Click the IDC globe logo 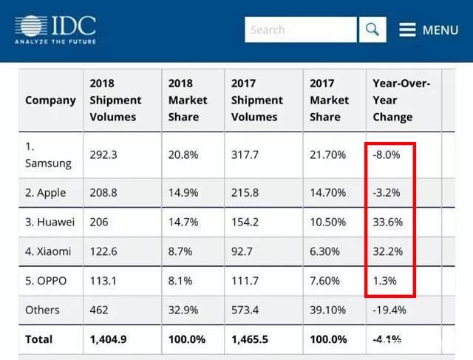tap(31, 26)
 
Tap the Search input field tap(301, 30)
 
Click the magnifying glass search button tap(372, 30)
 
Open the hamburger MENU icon tap(407, 30)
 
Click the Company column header tap(50, 101)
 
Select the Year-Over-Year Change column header tap(401, 100)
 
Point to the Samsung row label tap(48, 154)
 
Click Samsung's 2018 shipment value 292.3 tap(103, 154)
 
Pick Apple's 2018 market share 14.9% tap(183, 192)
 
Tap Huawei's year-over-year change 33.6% tap(387, 222)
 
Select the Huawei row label tap(50, 222)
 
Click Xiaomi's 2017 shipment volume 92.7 tap(242, 251)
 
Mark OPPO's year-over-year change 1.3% tap(384, 281)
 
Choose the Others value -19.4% tap(389, 310)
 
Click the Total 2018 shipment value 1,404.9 tap(109, 339)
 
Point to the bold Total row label tap(39, 339)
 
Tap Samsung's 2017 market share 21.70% tap(327, 154)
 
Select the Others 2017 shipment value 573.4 tap(245, 310)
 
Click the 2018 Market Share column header tap(188, 100)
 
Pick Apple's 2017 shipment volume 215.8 tap(245, 192)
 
